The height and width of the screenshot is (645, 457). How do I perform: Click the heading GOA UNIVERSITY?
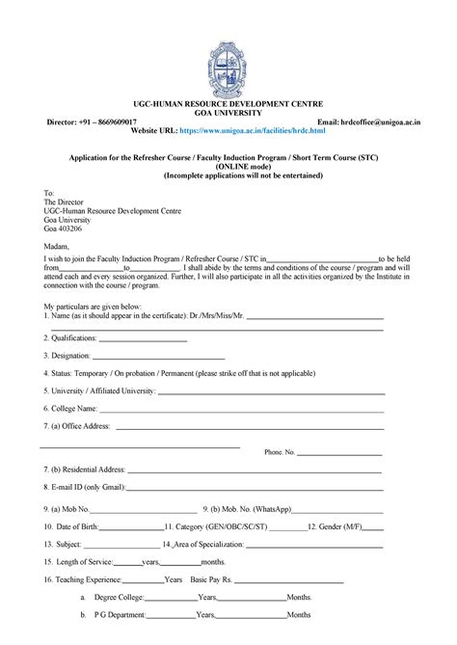(228, 111)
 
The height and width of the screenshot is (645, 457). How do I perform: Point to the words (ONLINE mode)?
(228, 166)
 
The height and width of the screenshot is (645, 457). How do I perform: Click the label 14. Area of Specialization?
(205, 545)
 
